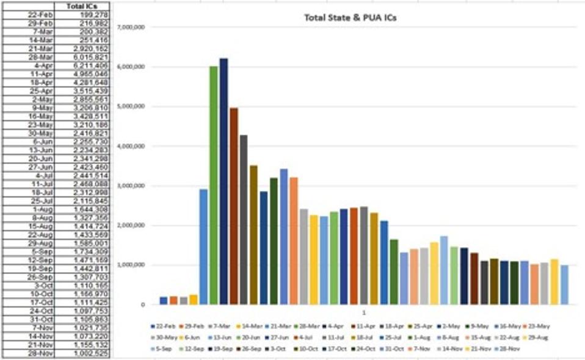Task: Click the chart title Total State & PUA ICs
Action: (351, 17)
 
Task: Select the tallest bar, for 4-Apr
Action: (223, 183)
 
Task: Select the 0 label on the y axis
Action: (142, 304)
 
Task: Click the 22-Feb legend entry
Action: (164, 326)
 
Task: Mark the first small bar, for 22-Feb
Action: (163, 300)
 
